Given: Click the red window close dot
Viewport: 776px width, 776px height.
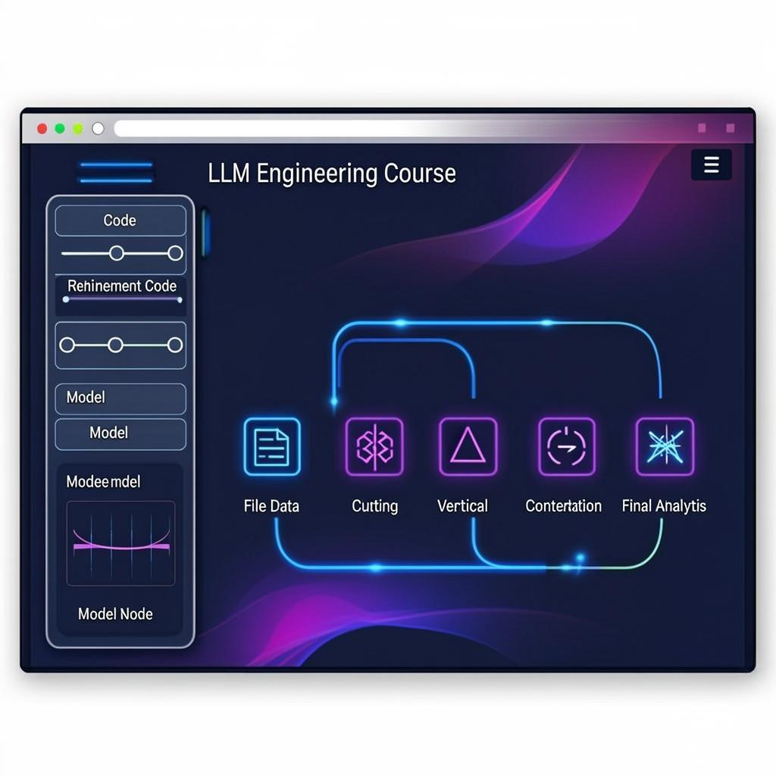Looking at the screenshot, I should pos(42,129).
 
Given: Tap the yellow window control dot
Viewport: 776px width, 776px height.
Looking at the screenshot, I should pos(60,129).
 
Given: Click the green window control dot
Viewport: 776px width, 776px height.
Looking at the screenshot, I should pos(77,129).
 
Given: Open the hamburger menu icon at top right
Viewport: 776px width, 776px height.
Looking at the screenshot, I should pos(711,164).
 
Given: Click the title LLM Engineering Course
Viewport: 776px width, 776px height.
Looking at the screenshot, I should pos(332,174).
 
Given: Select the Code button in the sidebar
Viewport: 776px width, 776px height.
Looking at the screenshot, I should pos(120,221).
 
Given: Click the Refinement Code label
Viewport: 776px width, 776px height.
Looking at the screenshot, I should pos(122,286).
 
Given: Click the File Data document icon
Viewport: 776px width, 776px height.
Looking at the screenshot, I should pos(272,446).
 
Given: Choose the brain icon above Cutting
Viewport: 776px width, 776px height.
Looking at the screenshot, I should pos(374,446).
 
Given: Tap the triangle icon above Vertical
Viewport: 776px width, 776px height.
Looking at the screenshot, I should pos(468,446).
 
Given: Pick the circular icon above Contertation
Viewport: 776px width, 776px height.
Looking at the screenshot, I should pos(566,446).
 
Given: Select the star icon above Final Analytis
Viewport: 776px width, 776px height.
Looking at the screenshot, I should pos(665,446).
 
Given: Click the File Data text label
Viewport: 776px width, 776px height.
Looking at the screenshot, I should pos(271,505).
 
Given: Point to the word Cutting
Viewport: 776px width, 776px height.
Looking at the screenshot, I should pos(374,505).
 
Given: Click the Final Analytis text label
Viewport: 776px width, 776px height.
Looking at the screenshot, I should pos(664,505).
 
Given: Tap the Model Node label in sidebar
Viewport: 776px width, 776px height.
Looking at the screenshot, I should pos(115,614).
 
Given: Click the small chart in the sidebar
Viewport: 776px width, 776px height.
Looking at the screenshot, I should pos(120,543).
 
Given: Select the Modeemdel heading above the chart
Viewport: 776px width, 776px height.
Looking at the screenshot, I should pos(103,481).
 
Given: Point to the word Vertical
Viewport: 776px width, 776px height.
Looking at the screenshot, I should pos(462,505).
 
